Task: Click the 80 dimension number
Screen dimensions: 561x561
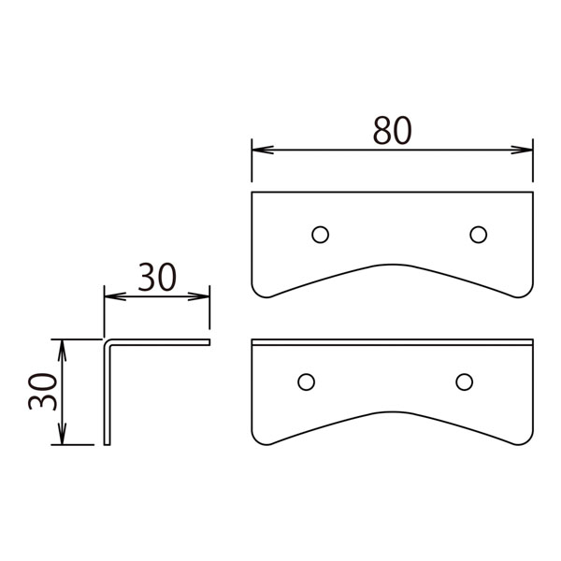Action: (392, 131)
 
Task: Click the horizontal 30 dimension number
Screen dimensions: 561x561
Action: (157, 278)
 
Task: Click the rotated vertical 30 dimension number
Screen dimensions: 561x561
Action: (43, 392)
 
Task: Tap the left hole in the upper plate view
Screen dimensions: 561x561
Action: (320, 235)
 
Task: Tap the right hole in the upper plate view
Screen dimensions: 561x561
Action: (479, 235)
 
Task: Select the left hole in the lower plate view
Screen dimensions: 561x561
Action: (306, 382)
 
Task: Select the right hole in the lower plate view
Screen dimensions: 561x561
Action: (464, 382)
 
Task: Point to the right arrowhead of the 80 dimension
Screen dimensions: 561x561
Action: (522, 150)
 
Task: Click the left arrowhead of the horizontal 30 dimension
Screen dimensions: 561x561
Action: (115, 296)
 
